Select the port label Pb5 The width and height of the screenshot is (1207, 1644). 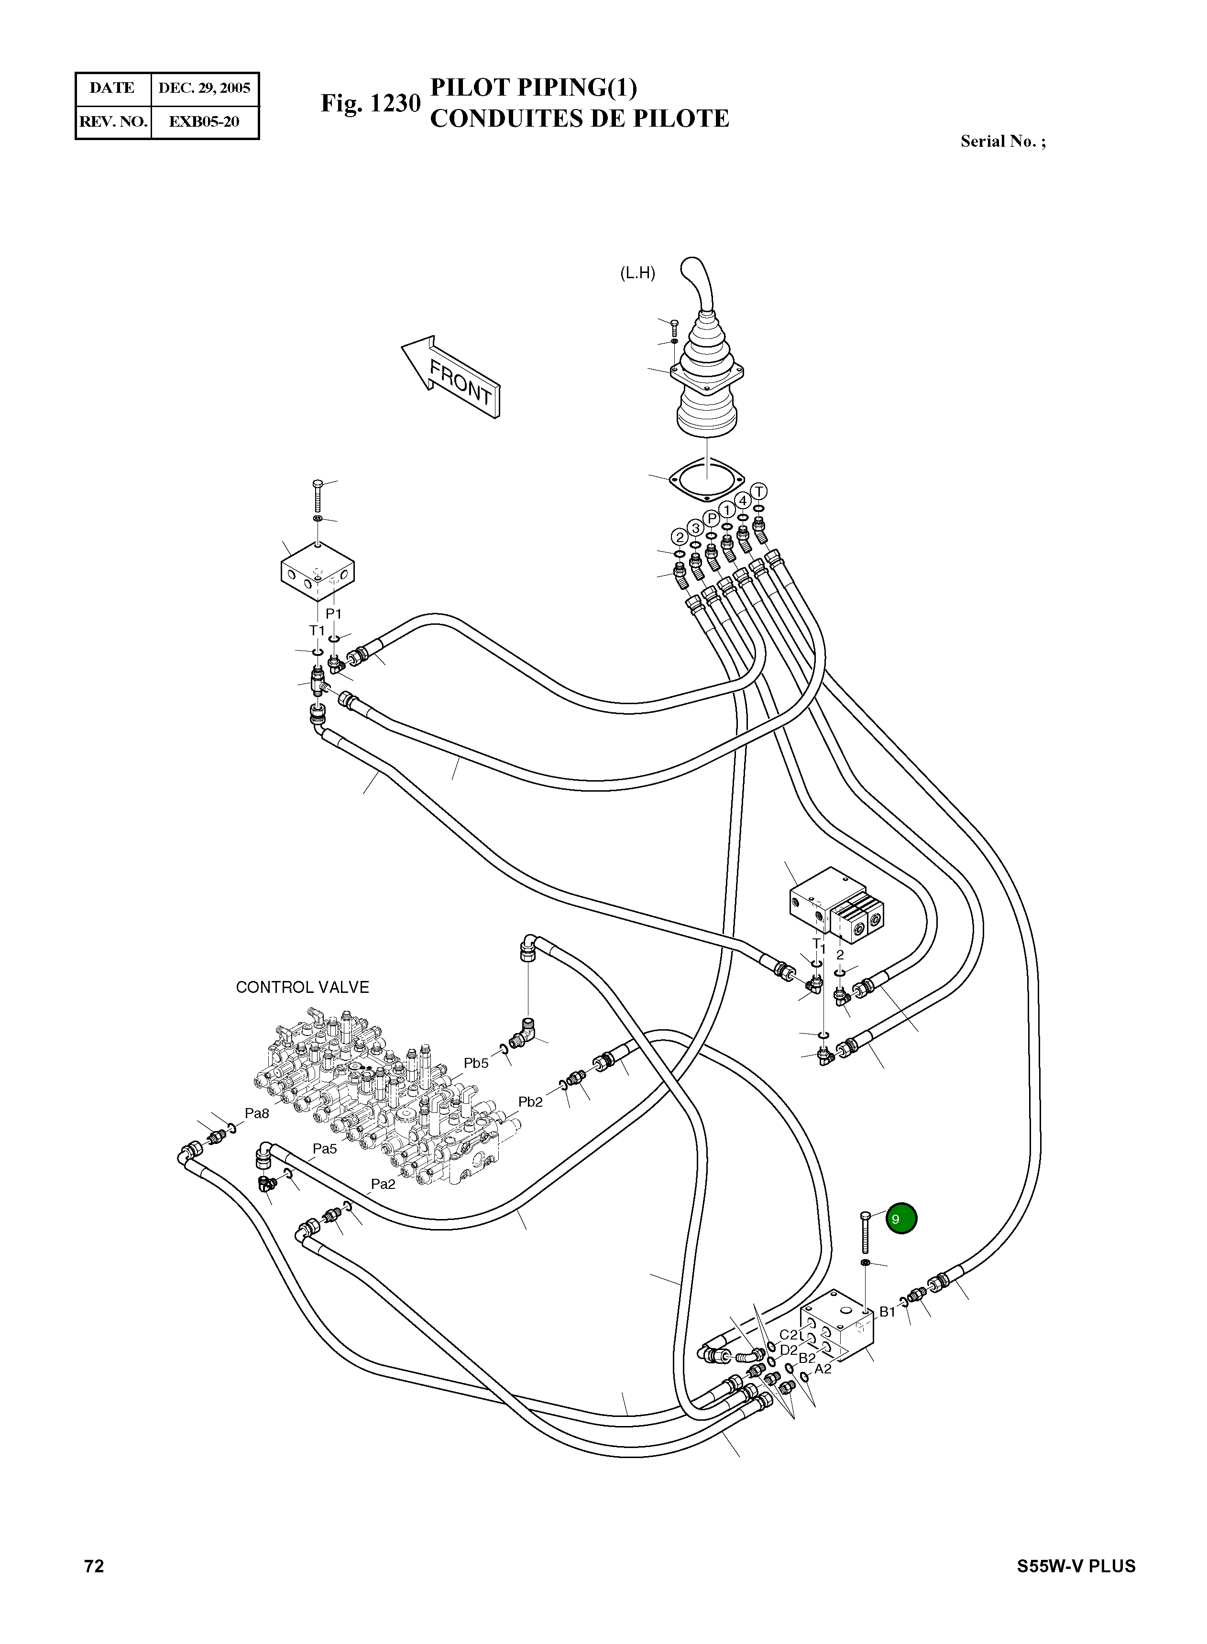coord(476,1063)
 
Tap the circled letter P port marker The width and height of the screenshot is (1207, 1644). coord(712,519)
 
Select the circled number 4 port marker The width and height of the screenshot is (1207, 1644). coord(742,501)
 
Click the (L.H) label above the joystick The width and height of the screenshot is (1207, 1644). coord(637,274)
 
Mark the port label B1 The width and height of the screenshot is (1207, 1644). coord(887,1312)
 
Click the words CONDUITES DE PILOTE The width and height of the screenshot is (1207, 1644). coord(580,118)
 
